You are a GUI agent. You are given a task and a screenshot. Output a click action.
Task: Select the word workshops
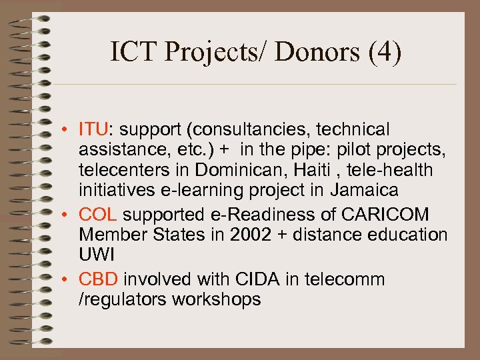(x=217, y=300)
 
